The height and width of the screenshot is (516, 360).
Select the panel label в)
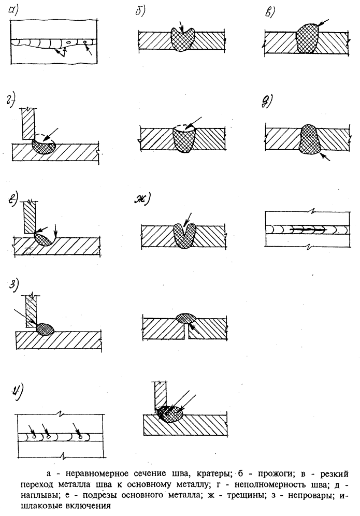pos(269,11)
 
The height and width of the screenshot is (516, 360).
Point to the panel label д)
pos(268,102)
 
